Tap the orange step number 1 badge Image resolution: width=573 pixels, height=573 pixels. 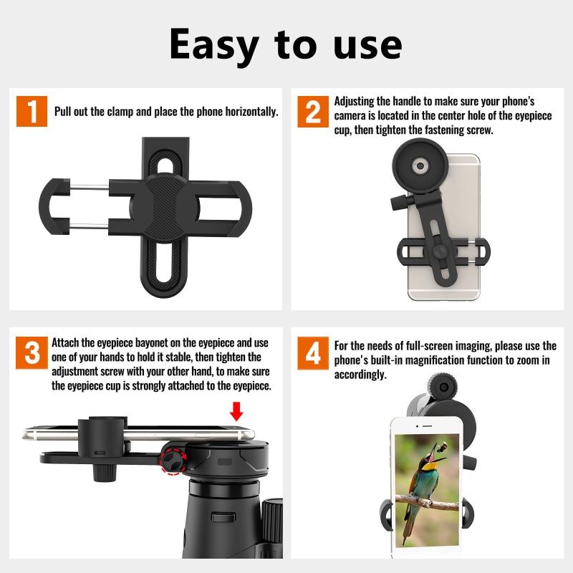pos(32,111)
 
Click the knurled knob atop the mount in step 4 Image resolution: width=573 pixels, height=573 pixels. pos(443,387)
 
